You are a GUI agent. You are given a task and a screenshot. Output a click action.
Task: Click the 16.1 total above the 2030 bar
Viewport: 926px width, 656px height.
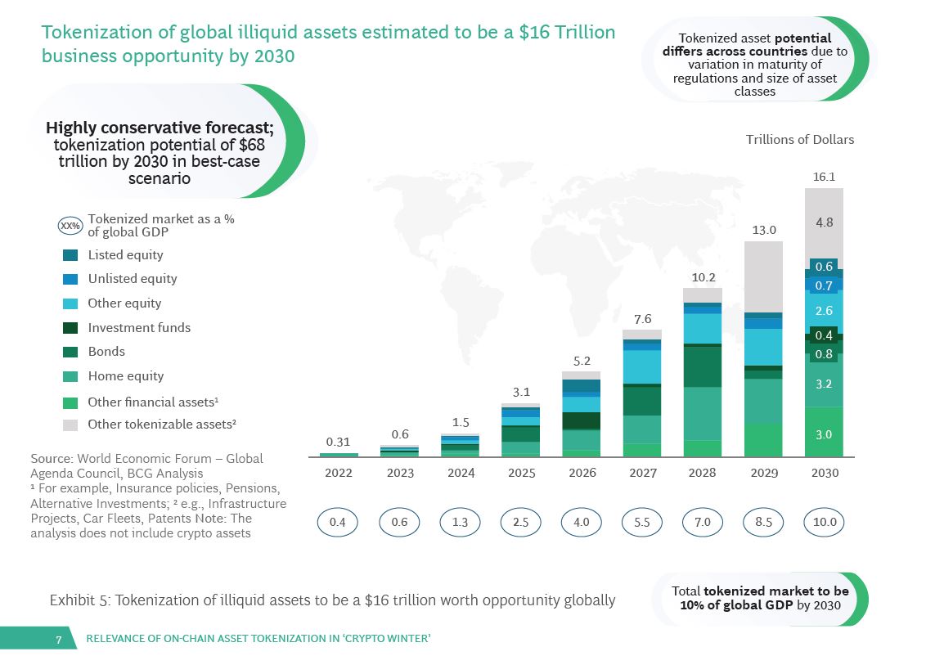coord(824,177)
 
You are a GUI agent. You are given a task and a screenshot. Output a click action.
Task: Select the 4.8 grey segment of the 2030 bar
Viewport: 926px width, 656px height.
coord(824,222)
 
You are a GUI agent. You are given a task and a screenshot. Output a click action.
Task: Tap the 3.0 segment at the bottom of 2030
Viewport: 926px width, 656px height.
coord(824,434)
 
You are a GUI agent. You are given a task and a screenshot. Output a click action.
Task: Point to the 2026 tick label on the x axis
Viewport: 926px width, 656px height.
coord(582,473)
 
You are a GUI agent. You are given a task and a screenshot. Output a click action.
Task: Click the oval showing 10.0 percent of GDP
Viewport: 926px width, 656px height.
coord(824,522)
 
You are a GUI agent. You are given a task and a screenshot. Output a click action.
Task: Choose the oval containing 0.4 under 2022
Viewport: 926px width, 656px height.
coord(338,522)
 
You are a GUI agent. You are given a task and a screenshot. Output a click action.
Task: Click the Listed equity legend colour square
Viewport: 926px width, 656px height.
coord(70,255)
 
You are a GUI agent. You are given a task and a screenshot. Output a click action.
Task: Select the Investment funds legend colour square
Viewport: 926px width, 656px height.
coord(70,328)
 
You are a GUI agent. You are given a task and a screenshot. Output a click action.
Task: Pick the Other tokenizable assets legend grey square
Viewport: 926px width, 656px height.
coord(70,425)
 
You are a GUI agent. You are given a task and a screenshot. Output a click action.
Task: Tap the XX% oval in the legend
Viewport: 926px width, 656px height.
coord(70,226)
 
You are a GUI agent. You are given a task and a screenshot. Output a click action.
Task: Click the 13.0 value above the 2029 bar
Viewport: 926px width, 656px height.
coord(764,231)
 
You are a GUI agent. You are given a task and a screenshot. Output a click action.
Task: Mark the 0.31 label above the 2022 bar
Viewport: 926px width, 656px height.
coord(338,442)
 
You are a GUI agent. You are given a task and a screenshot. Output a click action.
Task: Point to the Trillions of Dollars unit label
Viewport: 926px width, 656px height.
coord(799,140)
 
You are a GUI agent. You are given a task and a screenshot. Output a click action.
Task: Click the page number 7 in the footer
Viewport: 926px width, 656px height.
coord(58,639)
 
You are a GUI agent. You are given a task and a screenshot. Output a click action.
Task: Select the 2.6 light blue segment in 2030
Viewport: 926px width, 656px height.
coord(824,311)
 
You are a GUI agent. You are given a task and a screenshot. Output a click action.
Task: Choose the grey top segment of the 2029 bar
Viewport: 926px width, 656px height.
coord(764,276)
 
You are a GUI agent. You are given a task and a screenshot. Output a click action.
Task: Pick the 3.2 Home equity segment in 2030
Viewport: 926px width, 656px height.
coord(824,383)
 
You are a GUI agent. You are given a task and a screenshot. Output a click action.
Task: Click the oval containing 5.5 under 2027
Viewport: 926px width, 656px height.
coord(642,522)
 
